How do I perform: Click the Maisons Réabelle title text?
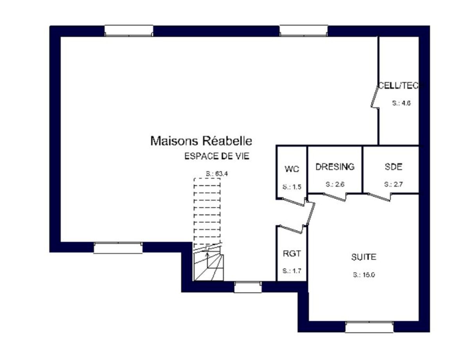click(x=201, y=141)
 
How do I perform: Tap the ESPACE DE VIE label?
click(x=217, y=156)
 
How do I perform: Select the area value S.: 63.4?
click(x=217, y=174)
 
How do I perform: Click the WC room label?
click(x=292, y=169)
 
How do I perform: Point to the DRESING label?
click(x=335, y=167)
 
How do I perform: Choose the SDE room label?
click(x=393, y=167)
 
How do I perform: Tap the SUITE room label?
click(x=364, y=257)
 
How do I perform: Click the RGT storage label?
click(x=292, y=253)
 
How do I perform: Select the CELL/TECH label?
click(x=401, y=86)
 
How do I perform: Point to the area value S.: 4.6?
click(x=401, y=103)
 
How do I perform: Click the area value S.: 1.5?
click(x=292, y=187)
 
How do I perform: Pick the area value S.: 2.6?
click(x=335, y=184)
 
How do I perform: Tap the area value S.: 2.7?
click(x=393, y=184)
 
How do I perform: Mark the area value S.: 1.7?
click(x=292, y=270)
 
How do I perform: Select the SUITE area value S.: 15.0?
click(x=364, y=275)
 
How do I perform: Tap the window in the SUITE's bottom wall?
click(x=369, y=327)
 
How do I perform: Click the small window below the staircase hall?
click(x=248, y=287)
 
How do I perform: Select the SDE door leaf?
click(x=379, y=197)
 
